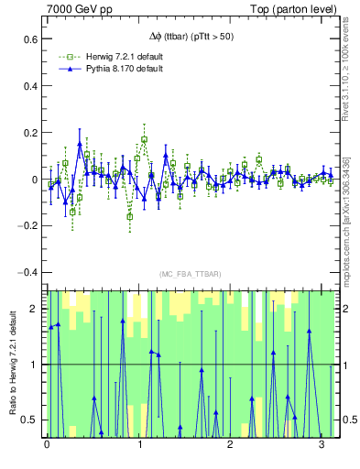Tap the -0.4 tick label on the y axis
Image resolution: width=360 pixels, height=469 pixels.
click(x=28, y=272)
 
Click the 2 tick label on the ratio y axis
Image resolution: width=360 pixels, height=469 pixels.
click(x=34, y=309)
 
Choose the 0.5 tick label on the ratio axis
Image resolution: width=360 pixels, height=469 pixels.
click(x=29, y=420)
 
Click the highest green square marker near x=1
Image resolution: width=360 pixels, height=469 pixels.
click(x=145, y=140)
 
